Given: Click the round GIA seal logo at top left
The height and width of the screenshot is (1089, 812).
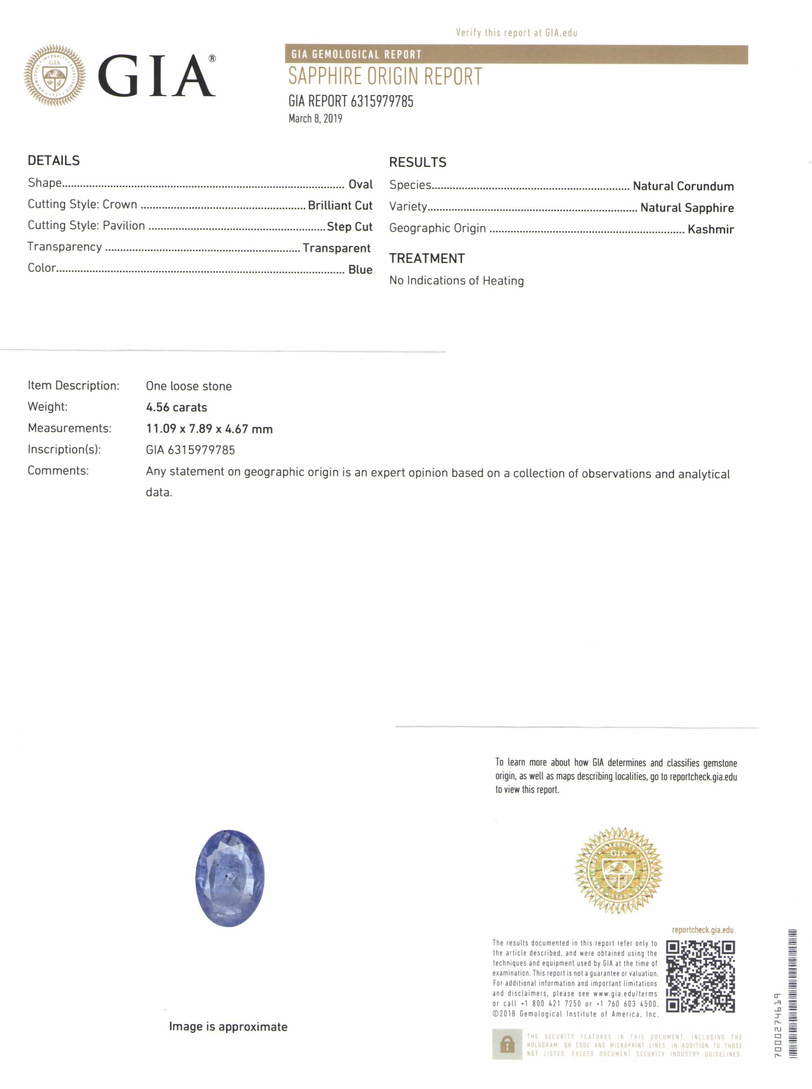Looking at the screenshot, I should pyautogui.click(x=55, y=75).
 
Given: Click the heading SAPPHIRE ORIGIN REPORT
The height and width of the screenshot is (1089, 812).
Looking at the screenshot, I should pyautogui.click(x=385, y=77).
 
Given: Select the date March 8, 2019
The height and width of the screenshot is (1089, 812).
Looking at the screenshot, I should pyautogui.click(x=315, y=119).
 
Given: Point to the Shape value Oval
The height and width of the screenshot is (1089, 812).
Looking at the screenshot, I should pyautogui.click(x=360, y=184).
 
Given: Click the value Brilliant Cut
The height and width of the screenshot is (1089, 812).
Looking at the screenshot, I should pyautogui.click(x=340, y=206).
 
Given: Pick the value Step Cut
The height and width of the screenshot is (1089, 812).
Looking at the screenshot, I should pyautogui.click(x=349, y=227).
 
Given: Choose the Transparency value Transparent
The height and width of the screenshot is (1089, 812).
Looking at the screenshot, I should pyautogui.click(x=336, y=248).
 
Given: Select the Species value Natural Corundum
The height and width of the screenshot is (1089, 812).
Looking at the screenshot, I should pyautogui.click(x=683, y=186).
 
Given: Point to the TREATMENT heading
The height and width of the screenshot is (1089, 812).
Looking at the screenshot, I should pyautogui.click(x=427, y=259).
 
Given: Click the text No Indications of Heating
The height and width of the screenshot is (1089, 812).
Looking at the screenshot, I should pyautogui.click(x=456, y=281).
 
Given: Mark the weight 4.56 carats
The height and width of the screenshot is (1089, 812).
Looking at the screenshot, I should pyautogui.click(x=176, y=407).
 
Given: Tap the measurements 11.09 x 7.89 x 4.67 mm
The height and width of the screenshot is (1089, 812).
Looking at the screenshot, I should pyautogui.click(x=209, y=429).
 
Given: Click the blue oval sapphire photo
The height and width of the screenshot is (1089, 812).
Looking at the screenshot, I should pyautogui.click(x=230, y=878).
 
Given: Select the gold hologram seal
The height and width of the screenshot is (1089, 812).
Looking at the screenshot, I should pyautogui.click(x=619, y=871).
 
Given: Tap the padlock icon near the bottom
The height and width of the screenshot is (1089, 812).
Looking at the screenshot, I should pyautogui.click(x=507, y=1045).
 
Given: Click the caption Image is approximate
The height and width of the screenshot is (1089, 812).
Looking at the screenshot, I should pyautogui.click(x=228, y=1027).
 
